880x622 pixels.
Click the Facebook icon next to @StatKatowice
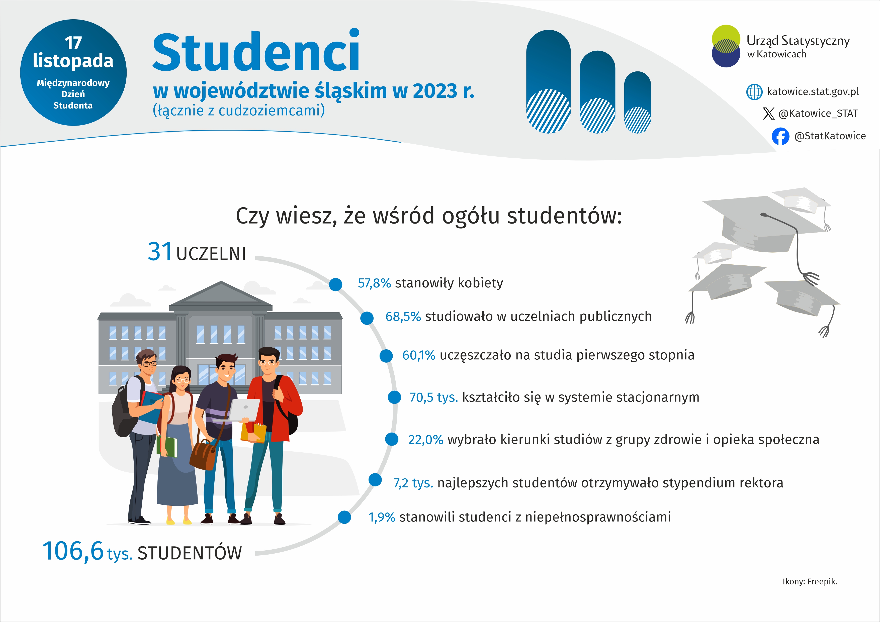[x=780, y=136]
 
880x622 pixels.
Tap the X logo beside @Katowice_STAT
[x=768, y=113]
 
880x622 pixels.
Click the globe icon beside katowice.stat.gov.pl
[x=754, y=92]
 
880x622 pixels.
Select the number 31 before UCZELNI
[x=160, y=252]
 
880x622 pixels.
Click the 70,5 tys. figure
[x=433, y=397]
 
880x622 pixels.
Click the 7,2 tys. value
[x=413, y=483]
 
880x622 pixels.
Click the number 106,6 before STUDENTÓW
[x=73, y=551]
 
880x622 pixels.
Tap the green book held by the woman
[x=167, y=446]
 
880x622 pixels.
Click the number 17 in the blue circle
[x=73, y=43]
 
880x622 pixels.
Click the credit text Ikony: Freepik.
[x=810, y=581]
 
